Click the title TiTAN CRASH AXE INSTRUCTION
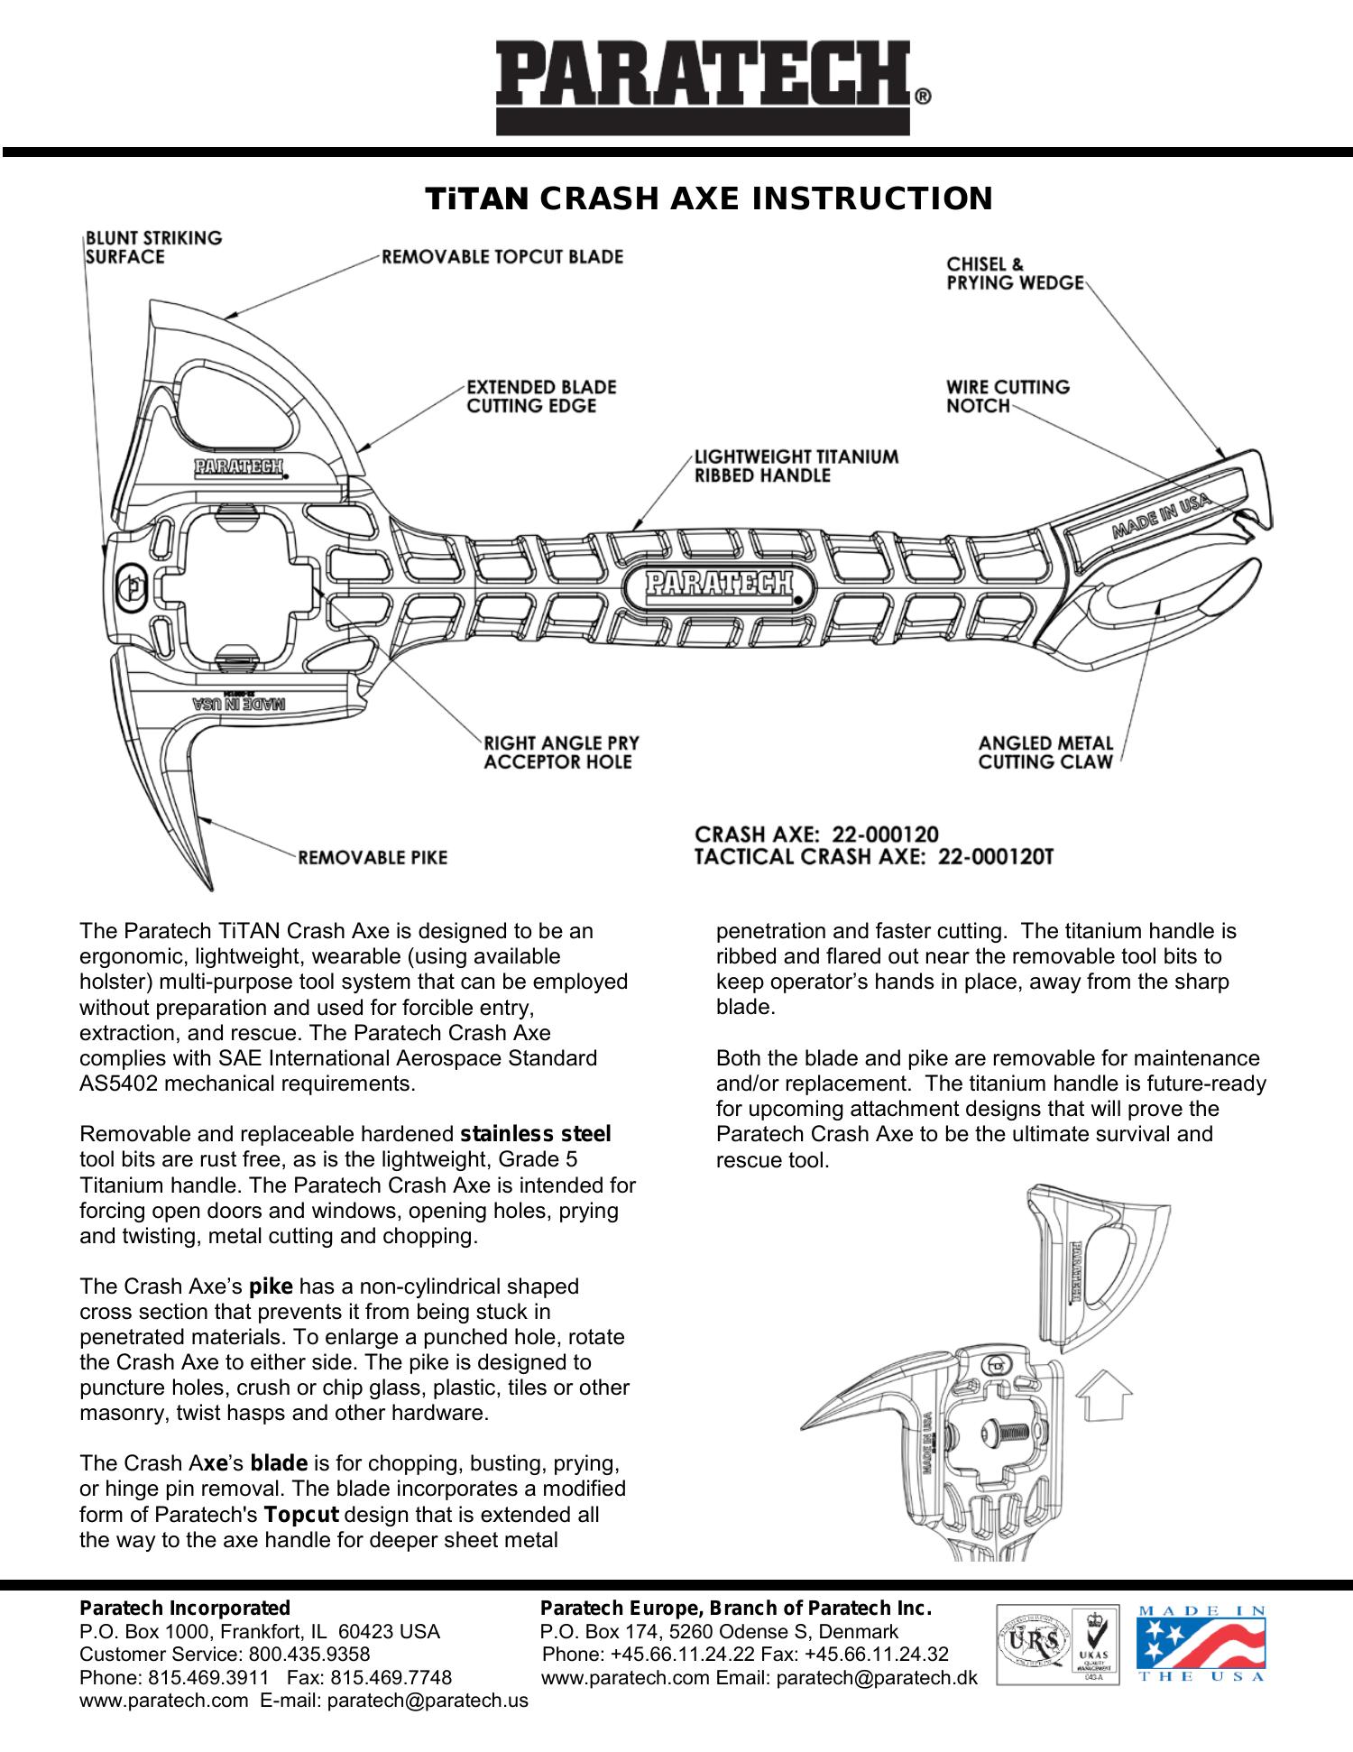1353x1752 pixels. (709, 198)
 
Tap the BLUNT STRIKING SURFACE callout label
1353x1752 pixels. (153, 247)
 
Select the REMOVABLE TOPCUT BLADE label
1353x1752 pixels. (502, 256)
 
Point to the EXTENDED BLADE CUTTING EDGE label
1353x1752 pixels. (541, 396)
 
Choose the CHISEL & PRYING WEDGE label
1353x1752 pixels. (1015, 273)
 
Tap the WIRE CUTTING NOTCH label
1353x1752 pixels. (1008, 396)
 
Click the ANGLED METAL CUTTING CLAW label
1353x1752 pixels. (1046, 752)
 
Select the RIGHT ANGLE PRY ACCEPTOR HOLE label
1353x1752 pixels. (561, 752)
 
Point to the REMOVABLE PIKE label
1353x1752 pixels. (373, 857)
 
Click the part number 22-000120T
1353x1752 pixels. (995, 856)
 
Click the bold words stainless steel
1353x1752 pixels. (536, 1134)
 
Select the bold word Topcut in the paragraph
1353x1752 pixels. (302, 1514)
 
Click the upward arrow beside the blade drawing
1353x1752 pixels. (1105, 1394)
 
